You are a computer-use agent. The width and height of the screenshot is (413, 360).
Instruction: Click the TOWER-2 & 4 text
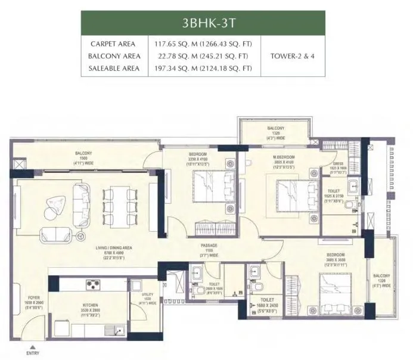293,56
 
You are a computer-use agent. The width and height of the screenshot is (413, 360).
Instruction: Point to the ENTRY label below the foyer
33,353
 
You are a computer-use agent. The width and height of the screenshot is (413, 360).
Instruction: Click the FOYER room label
33,299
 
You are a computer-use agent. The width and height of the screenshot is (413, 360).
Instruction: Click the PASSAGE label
208,245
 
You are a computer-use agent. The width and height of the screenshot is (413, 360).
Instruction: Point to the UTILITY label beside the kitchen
148,296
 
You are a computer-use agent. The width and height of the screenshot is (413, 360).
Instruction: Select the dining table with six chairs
116,206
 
